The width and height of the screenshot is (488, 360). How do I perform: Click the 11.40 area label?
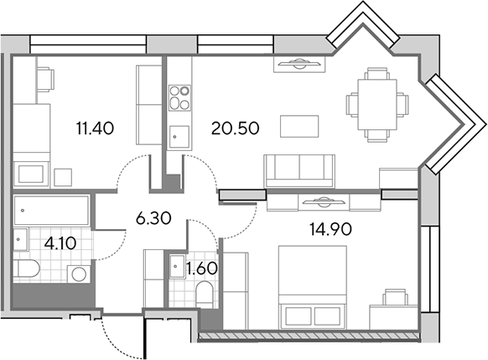point(95,128)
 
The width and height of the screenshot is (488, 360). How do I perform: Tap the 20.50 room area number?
point(235,128)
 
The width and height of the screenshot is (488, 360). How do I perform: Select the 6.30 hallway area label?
point(153,218)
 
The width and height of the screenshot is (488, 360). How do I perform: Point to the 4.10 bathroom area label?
point(60,243)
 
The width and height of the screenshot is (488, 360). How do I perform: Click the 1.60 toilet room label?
point(201,269)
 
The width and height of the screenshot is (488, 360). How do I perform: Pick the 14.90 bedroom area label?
point(330,230)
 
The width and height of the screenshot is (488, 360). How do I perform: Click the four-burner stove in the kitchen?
point(179,98)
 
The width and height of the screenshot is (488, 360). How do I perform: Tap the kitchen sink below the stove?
point(179,137)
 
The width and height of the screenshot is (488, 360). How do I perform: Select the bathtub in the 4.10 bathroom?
point(51,210)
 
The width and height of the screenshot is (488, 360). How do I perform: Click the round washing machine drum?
point(79,274)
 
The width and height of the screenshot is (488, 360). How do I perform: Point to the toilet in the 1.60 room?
point(205,294)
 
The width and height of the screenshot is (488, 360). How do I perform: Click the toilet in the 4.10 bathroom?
point(27,269)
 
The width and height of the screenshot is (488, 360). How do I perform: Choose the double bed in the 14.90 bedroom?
point(313,287)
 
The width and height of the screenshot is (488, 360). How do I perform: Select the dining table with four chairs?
point(376,105)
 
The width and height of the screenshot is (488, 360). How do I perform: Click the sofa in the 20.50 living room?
point(299,171)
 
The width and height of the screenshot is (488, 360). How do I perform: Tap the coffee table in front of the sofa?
point(299,126)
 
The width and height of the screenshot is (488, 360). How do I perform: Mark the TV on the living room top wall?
point(299,64)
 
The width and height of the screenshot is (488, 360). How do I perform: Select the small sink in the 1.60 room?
point(177,266)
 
